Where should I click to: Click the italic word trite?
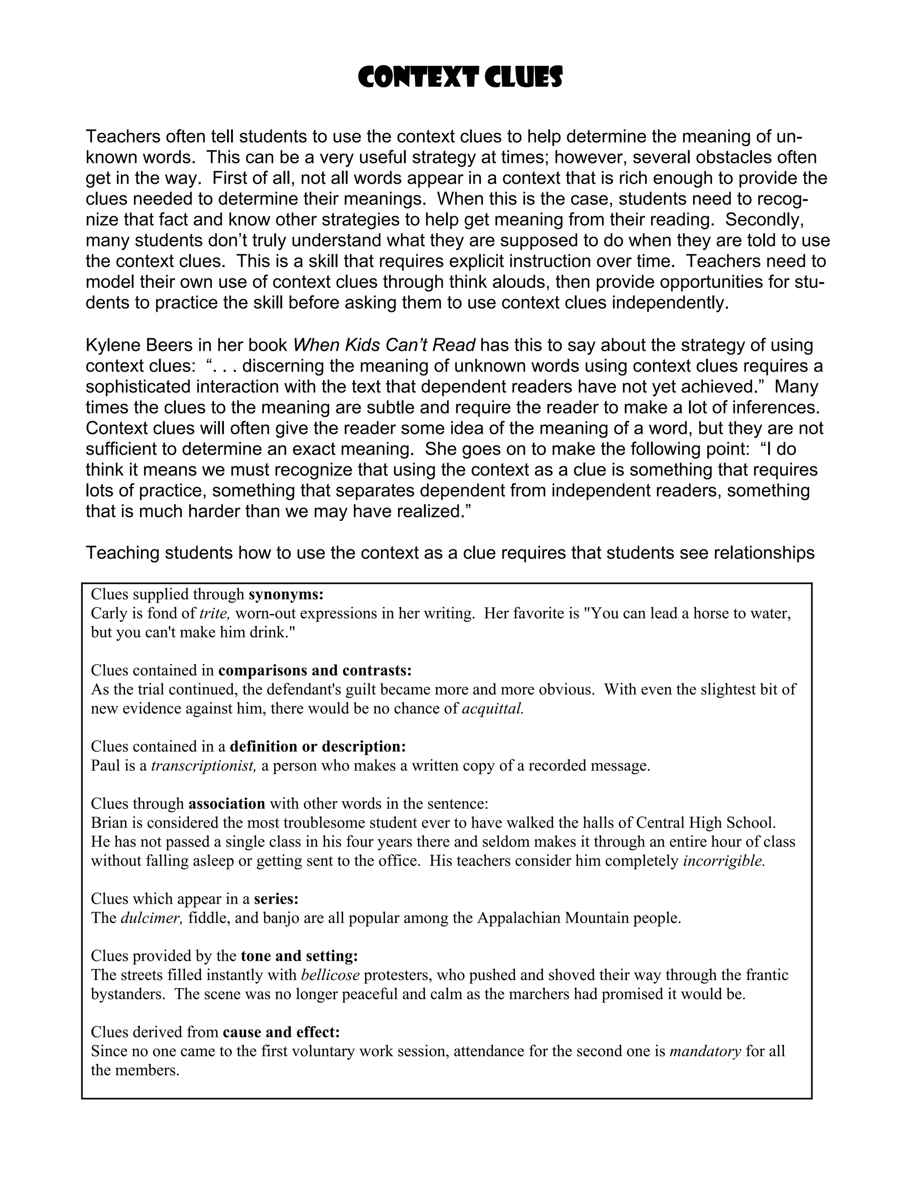coord(215,614)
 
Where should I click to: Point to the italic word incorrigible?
coord(724,861)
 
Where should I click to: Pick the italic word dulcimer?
coord(151,918)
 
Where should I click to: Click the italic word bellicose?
coord(330,975)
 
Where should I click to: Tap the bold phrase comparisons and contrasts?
coord(315,670)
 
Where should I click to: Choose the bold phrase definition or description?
coord(317,747)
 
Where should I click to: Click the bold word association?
coord(227,804)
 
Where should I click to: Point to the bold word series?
coord(276,899)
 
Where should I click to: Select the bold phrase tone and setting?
coord(299,956)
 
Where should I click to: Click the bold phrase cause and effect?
coord(281,1032)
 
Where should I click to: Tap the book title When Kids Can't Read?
coord(384,345)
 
